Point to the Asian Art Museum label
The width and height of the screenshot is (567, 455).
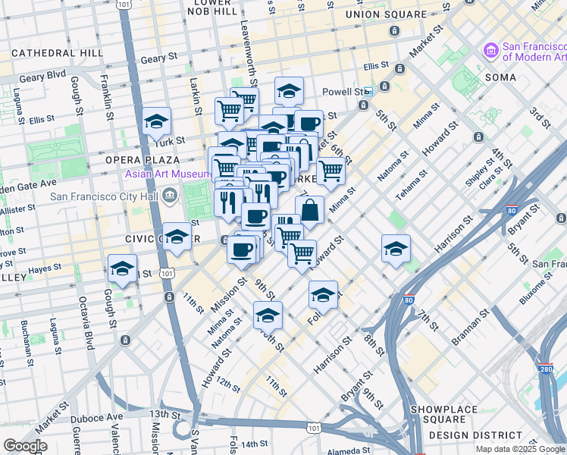(x=168, y=174)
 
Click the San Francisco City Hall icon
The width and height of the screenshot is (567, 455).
(x=169, y=196)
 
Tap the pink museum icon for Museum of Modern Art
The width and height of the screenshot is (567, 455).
(x=490, y=51)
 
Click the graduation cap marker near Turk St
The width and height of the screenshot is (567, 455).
(x=156, y=122)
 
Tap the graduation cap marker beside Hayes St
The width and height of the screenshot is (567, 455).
(x=122, y=268)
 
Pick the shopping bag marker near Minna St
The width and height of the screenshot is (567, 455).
(x=309, y=209)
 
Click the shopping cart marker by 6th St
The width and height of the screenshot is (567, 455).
(x=330, y=172)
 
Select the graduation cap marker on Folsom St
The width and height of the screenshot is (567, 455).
(x=323, y=295)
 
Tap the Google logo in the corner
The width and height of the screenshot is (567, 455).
(x=25, y=446)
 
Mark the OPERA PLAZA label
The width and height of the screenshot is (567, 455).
(x=142, y=160)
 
